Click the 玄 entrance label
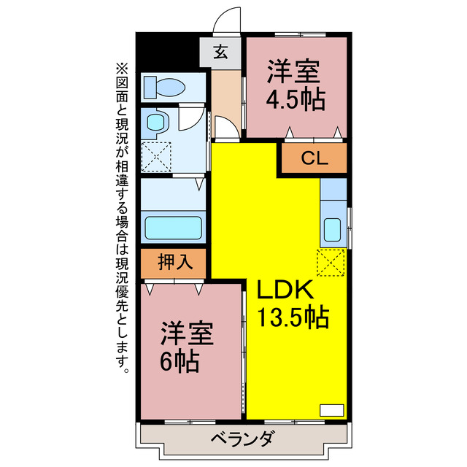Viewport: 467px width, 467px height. (x=220, y=53)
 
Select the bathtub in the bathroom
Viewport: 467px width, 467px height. (x=172, y=227)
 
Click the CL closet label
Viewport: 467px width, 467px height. (x=314, y=158)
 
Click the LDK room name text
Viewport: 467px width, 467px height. (x=285, y=290)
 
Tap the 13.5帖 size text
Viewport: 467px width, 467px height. (x=292, y=318)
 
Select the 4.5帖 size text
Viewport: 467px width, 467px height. (x=296, y=100)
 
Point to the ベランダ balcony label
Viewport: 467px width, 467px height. (x=243, y=439)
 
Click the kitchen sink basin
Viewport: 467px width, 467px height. (x=333, y=230)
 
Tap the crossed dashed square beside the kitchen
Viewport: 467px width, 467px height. (x=331, y=263)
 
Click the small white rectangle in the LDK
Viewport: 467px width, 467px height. (x=331, y=409)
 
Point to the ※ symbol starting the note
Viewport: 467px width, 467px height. (x=121, y=66)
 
